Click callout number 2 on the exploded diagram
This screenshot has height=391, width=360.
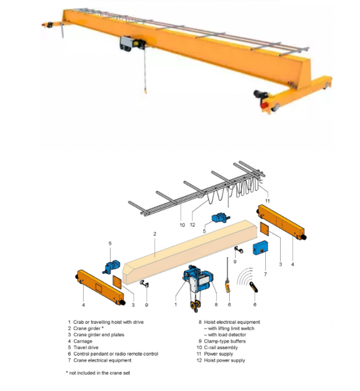point(155,233)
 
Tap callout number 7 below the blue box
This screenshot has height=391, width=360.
point(265,275)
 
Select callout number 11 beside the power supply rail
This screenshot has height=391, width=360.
point(267,201)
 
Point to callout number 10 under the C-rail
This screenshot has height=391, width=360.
point(182,225)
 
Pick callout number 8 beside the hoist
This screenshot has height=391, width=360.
point(216,304)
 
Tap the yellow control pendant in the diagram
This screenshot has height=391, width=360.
point(228,286)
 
